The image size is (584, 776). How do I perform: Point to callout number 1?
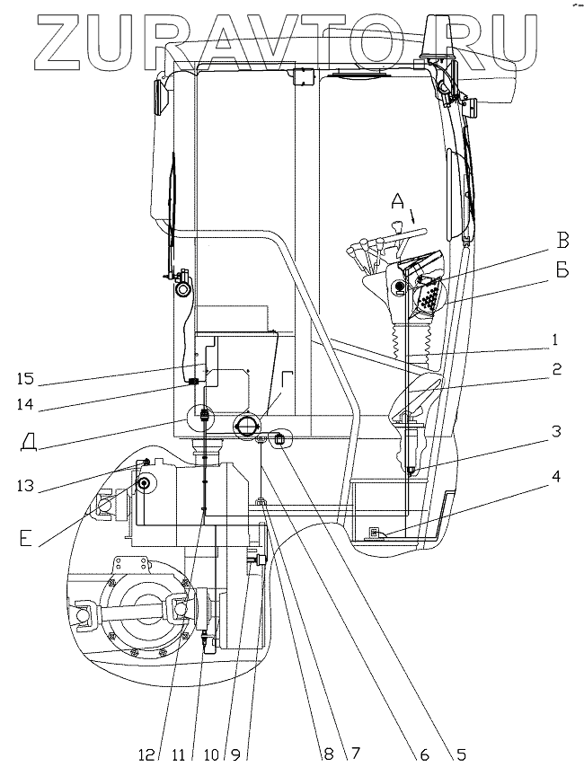click(x=556, y=340)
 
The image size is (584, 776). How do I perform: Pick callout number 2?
click(x=556, y=367)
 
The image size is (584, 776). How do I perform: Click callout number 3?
click(x=556, y=432)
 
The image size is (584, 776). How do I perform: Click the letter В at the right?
click(x=562, y=240)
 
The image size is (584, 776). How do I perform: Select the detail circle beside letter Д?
click(x=203, y=416)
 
